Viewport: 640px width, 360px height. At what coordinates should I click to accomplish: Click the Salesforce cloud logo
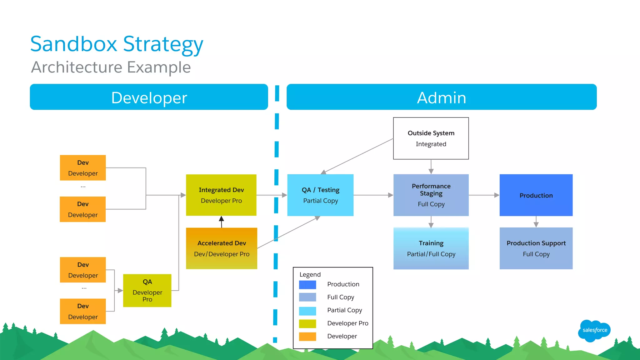[x=594, y=331]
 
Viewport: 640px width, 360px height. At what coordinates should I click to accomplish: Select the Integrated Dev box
[x=221, y=195]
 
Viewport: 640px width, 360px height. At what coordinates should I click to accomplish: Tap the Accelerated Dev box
[x=222, y=248]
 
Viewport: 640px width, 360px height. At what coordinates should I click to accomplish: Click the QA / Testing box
[x=320, y=195]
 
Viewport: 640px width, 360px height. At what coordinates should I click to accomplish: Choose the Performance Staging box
[x=431, y=195]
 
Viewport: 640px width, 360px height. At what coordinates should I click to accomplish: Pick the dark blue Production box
[x=536, y=195]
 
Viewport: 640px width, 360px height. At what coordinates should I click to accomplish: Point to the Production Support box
[x=536, y=248]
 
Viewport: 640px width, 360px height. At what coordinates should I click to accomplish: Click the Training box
[x=431, y=248]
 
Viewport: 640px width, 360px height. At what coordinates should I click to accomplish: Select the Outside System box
[x=431, y=138]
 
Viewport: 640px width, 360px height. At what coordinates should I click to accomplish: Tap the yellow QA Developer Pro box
[x=147, y=291]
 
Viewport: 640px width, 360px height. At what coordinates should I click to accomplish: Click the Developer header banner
[x=149, y=97]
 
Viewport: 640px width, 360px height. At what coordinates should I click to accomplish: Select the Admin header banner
[x=442, y=97]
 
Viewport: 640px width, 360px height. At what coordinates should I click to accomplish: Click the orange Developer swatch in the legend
[x=307, y=337]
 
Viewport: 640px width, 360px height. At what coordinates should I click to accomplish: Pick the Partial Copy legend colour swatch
[x=307, y=311]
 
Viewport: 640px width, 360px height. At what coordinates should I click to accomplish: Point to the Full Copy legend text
[x=341, y=297]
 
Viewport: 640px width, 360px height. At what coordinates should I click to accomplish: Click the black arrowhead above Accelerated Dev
[x=221, y=218]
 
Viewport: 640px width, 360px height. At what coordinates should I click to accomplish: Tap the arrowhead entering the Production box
[x=497, y=195]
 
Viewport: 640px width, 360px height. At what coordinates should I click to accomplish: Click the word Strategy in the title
[x=163, y=44]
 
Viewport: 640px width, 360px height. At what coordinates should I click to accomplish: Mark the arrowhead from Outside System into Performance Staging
[x=431, y=171]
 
